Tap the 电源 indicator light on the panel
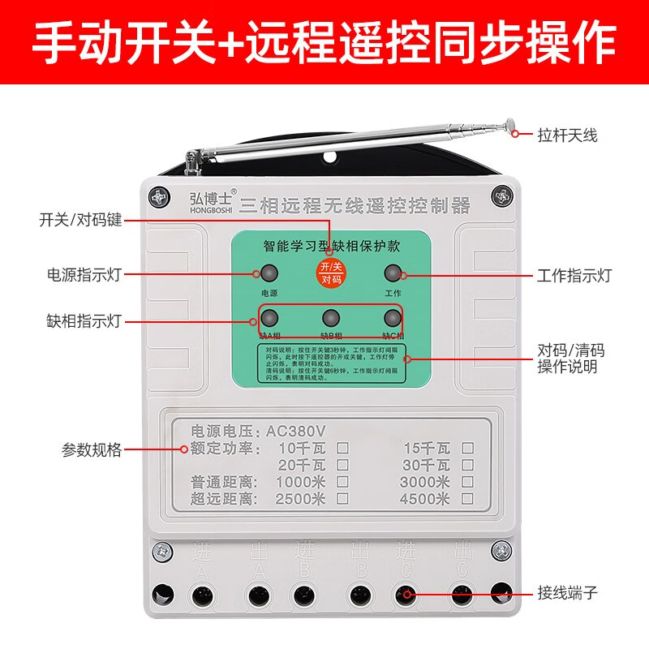269,273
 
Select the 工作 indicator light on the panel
393,273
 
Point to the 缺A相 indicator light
269,317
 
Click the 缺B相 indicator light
330,317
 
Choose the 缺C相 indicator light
393,317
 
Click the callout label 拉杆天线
566,135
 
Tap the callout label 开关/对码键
80,220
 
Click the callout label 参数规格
92,449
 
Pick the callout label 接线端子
567,593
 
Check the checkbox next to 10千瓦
342,448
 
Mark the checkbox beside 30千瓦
467,465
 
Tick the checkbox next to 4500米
467,499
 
